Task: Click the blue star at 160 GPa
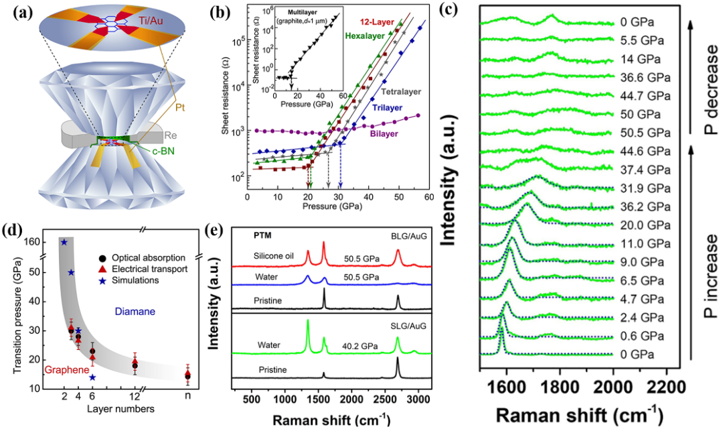[x=64, y=242]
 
